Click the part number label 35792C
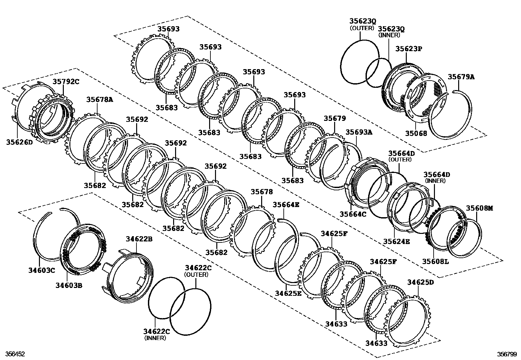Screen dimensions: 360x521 [66, 82]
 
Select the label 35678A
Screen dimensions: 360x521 [100, 99]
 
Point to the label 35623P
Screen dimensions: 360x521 [409, 48]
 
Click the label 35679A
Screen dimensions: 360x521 [461, 77]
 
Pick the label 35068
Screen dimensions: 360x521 [416, 133]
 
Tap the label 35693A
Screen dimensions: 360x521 [359, 132]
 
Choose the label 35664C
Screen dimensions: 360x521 [353, 214]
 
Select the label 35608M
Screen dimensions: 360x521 [479, 208]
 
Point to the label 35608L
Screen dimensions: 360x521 [435, 261]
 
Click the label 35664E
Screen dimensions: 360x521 [286, 205]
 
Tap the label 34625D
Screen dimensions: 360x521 [421, 282]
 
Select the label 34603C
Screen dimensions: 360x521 [41, 271]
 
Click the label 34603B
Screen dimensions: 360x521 [69, 285]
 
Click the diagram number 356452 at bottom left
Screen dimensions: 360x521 [13, 354]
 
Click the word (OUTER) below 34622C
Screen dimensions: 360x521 [196, 275]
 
